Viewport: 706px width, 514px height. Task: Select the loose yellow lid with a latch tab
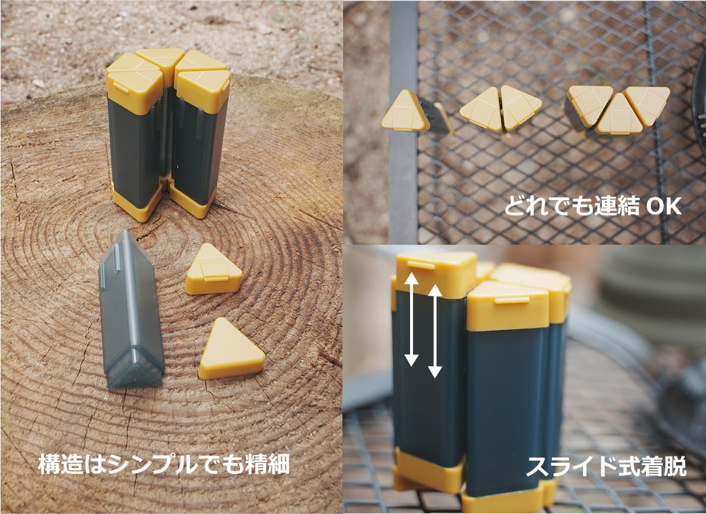[x=213, y=269]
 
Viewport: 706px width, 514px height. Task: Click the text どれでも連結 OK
[x=593, y=207]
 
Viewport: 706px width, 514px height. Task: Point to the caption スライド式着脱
[x=606, y=466]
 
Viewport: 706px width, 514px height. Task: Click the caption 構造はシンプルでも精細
[x=164, y=464]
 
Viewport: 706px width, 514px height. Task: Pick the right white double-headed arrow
[x=435, y=331]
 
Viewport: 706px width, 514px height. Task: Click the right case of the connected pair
[x=520, y=107]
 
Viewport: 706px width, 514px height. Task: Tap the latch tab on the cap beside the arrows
[x=421, y=265]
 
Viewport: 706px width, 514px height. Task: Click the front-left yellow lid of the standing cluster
[x=134, y=91]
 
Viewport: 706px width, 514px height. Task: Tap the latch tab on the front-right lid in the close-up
[x=511, y=300]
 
